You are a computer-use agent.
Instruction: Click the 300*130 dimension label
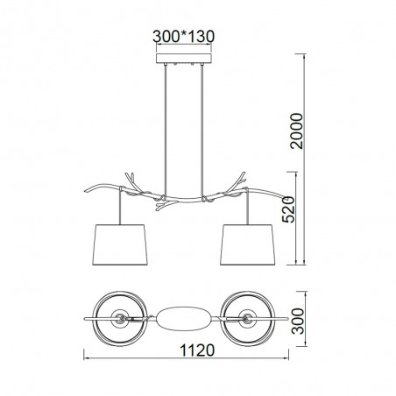tap(183, 37)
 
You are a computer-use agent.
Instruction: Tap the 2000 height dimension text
tap(298, 131)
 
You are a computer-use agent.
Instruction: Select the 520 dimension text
tap(289, 209)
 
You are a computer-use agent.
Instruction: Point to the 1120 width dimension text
tap(197, 350)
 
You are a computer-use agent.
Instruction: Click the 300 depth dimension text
tap(298, 321)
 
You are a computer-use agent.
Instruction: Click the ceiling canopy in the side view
tap(184, 58)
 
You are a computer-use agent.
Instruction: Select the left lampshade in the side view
tap(120, 244)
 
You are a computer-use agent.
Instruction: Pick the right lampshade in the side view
tap(248, 244)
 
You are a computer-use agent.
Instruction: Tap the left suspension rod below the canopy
tap(166, 130)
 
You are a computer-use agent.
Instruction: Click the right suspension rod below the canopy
tap(202, 130)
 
